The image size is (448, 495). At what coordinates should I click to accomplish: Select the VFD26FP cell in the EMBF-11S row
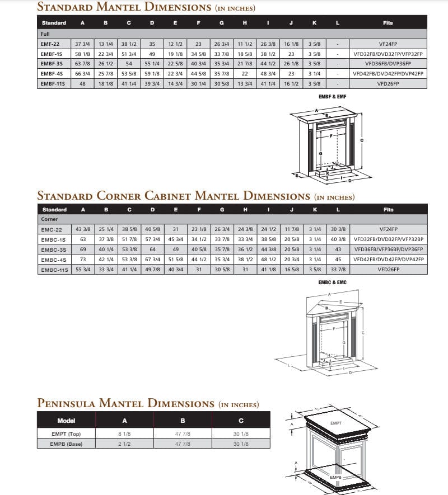point(388,83)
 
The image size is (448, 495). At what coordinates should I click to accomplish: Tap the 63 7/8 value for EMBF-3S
point(83,64)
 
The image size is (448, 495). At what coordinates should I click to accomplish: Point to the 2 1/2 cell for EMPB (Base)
point(125,444)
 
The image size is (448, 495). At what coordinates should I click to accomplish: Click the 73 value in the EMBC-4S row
point(83,260)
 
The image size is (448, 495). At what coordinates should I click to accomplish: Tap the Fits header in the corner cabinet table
point(388,210)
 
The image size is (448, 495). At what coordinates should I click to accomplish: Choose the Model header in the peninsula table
point(67,421)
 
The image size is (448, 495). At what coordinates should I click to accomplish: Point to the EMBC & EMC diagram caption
point(333,282)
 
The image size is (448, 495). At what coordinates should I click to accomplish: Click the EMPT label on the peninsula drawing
point(336,423)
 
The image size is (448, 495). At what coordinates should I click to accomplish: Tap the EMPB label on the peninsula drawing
point(336,477)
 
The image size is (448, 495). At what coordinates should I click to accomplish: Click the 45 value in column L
point(338,260)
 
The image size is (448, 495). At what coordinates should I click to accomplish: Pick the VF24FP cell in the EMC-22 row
point(388,229)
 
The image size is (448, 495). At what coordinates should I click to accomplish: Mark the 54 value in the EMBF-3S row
point(129,64)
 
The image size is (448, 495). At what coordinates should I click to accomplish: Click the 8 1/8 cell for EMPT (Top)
point(125,433)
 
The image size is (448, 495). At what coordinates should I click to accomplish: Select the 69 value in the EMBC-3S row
point(83,249)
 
